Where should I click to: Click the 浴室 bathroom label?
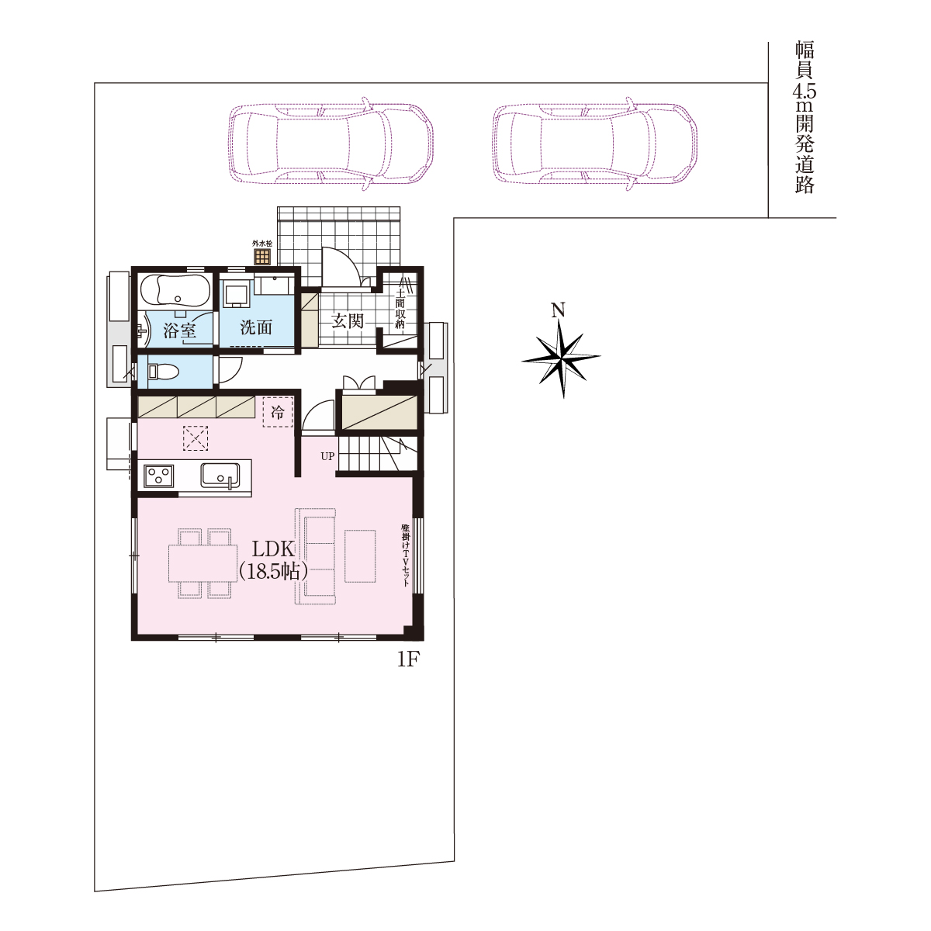pos(179,331)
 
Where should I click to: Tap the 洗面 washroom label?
pos(256,327)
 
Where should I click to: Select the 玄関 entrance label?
pos(348,320)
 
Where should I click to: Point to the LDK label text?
pos(273,549)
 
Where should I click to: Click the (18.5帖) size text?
pos(273,572)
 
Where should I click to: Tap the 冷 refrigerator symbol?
pos(278,412)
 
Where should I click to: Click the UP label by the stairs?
pos(327,456)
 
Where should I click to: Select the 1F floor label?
pos(407,660)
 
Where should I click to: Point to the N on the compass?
pos(559,310)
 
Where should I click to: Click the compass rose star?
pos(561,358)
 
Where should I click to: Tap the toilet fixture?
pos(164,372)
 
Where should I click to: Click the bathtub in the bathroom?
pos(175,291)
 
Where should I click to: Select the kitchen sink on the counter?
pos(220,476)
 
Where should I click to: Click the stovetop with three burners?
pos(159,476)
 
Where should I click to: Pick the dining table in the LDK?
pos(203,564)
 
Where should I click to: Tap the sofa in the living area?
pos(316,556)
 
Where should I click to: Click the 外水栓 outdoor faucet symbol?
pos(262,257)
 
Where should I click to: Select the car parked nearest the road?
pos(595,144)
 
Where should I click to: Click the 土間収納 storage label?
pos(400,309)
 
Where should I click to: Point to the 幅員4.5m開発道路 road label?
pos(805,118)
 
